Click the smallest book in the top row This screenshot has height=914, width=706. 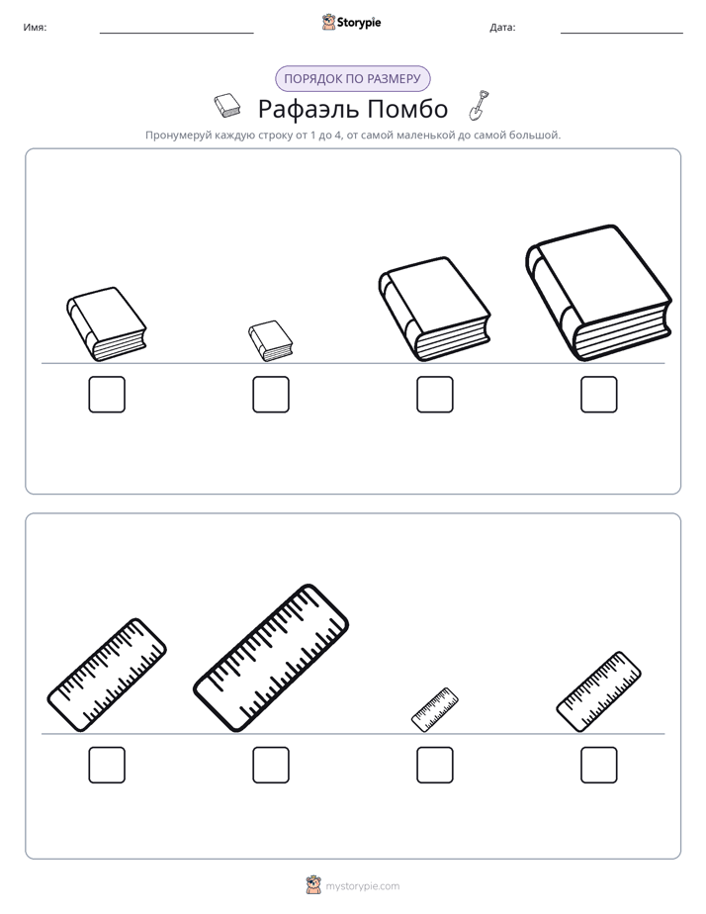point(270,341)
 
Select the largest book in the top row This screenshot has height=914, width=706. point(599,293)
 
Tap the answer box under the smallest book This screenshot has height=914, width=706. point(271,395)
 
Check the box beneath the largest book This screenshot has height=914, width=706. point(599,395)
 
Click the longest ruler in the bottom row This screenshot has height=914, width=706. point(271,658)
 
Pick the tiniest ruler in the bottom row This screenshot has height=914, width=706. point(434,709)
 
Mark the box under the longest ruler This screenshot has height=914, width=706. point(271,765)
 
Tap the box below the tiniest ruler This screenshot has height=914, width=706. point(435,765)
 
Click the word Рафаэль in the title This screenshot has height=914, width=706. point(307,109)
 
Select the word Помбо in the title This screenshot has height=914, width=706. point(407,109)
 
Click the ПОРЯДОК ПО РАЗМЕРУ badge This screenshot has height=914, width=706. point(352,79)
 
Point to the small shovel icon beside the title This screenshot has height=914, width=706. point(479,106)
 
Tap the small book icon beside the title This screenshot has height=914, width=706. point(227,106)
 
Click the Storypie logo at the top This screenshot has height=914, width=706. point(351,23)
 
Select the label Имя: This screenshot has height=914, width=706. point(35,28)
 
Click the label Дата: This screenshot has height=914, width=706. point(502,28)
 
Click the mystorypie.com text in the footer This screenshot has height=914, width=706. point(362,886)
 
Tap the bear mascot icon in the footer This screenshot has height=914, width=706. point(313,885)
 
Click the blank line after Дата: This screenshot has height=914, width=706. point(622,34)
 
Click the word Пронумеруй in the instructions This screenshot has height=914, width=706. point(178,136)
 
